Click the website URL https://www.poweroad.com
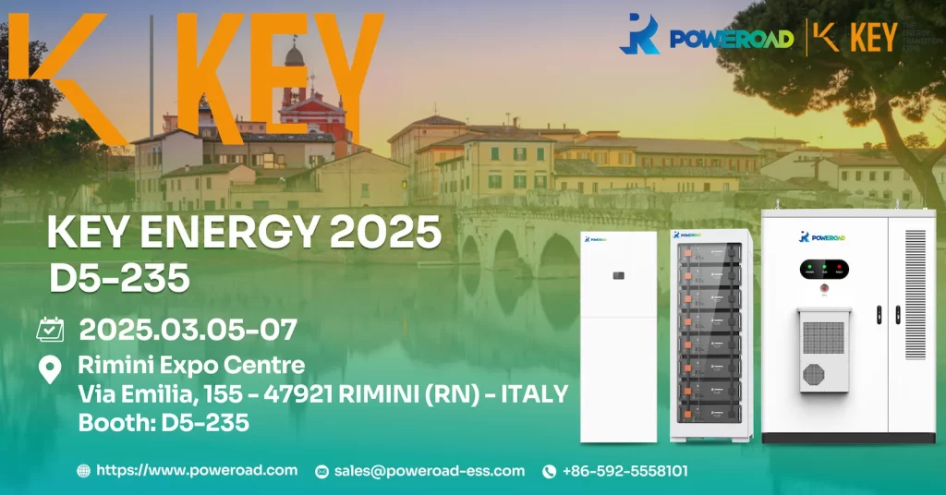point(197,470)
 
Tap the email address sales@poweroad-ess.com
point(429,471)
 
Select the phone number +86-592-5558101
point(625,471)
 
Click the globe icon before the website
point(84,471)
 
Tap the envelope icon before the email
point(321,472)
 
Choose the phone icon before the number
point(549,472)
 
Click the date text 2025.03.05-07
point(188,329)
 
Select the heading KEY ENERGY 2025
point(244,232)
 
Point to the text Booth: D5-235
point(164,422)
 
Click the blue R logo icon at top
point(639,34)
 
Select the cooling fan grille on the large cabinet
point(813,372)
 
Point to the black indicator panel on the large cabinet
point(823,269)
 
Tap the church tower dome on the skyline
point(295,55)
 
